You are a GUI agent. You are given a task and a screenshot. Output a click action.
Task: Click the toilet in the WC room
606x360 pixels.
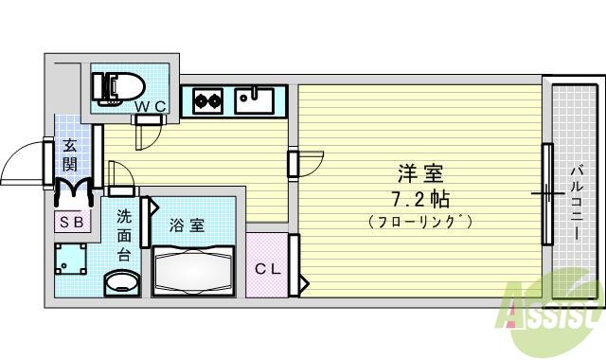(115, 85)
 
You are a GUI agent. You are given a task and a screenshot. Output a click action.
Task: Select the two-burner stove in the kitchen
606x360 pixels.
(207, 99)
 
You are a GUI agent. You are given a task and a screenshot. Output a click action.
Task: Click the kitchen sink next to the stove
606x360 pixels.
(254, 99)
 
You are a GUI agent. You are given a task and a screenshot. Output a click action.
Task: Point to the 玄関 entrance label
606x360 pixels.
(70, 154)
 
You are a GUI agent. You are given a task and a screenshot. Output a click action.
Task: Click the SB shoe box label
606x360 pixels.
(73, 223)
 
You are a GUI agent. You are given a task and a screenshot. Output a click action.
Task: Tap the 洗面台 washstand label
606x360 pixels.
(124, 236)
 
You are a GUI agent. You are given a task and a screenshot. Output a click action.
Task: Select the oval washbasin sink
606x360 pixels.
(120, 282)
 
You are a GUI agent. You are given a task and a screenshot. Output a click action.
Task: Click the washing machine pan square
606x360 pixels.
(73, 260)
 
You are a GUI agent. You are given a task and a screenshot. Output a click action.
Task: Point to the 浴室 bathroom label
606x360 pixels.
(187, 225)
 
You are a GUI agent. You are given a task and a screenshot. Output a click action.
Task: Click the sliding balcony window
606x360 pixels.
(546, 193)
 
